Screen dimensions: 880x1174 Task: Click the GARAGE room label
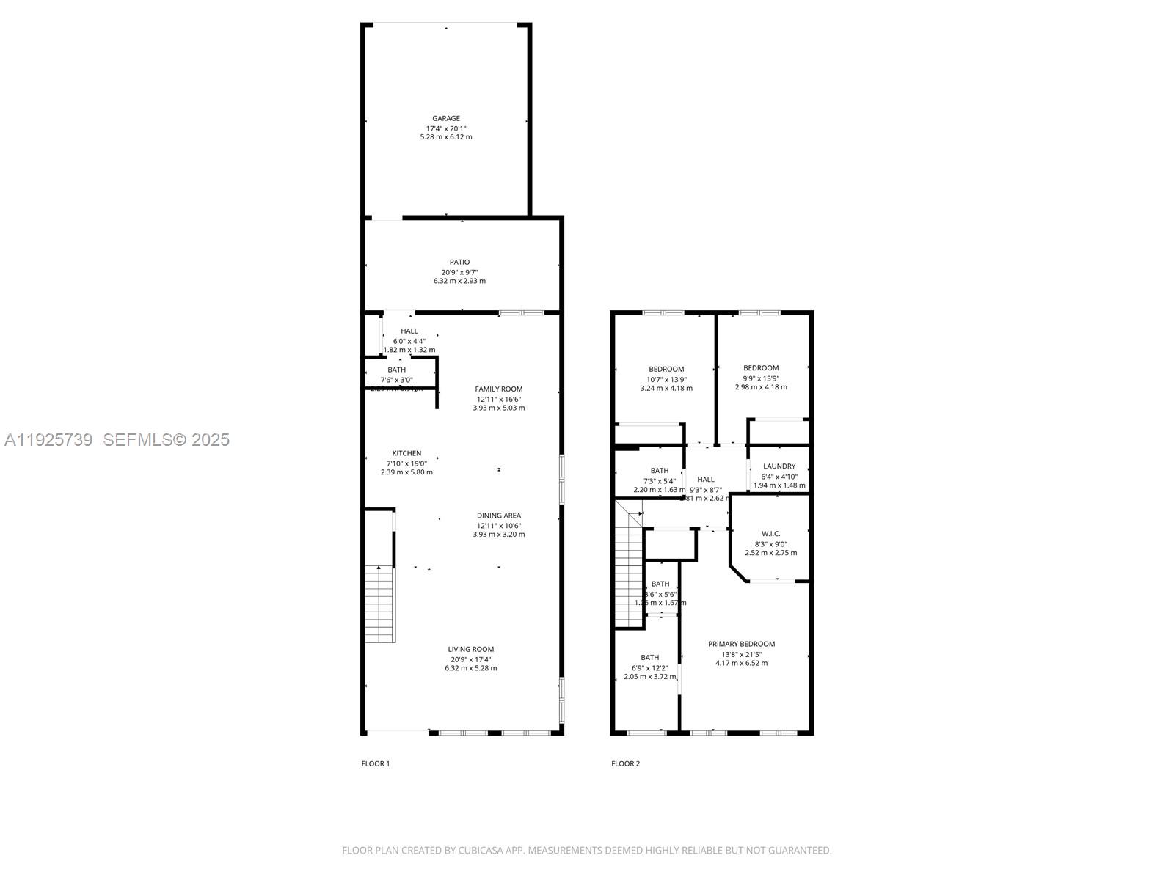click(446, 118)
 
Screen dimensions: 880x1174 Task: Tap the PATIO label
click(459, 262)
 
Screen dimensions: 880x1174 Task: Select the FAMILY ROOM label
click(498, 389)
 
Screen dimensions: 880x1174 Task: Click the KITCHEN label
click(406, 453)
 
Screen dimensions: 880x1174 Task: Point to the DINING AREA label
click(498, 516)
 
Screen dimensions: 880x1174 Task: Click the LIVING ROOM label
click(470, 649)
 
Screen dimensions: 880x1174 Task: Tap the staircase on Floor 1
click(380, 604)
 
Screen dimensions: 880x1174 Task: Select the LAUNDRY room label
click(779, 466)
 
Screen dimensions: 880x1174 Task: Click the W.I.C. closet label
click(770, 533)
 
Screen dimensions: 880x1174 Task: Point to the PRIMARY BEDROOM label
click(741, 644)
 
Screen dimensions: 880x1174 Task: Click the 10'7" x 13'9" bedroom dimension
click(666, 379)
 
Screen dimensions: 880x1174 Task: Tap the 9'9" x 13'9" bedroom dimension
click(761, 378)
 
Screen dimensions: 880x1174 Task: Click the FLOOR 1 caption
click(376, 763)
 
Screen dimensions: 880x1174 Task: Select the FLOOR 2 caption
click(625, 763)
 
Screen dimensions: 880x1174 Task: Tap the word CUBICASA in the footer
click(481, 851)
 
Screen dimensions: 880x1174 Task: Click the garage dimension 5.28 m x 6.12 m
click(446, 137)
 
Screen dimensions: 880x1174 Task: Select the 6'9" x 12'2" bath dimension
click(649, 667)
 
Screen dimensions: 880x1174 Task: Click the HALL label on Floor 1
click(409, 331)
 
